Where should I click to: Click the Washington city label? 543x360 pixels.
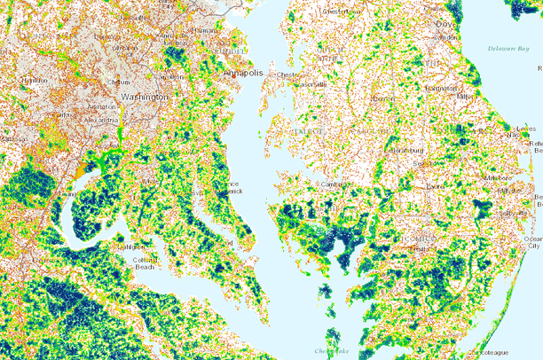138,96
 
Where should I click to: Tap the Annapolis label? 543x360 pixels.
244,74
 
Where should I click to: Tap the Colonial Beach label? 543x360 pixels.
145,263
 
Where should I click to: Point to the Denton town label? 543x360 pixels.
383,98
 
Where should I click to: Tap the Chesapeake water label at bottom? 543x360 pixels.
332,351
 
